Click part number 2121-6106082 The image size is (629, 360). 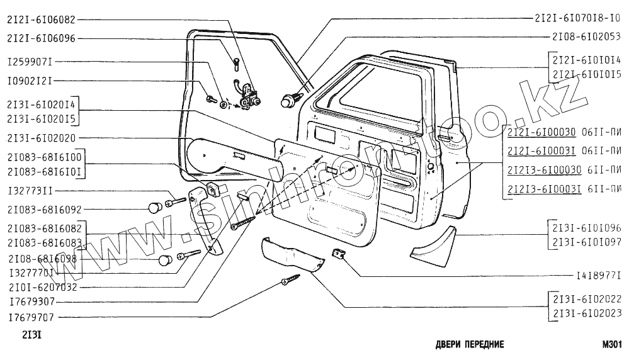click(x=41, y=19)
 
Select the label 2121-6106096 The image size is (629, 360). click(x=41, y=38)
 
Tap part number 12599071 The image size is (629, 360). click(x=30, y=63)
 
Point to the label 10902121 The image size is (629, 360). click(x=30, y=81)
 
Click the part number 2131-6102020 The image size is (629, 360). click(x=41, y=137)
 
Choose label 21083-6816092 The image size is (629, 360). click(x=43, y=208)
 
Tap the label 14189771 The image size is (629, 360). click(x=599, y=276)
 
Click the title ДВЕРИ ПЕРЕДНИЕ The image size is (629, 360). click(x=469, y=345)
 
